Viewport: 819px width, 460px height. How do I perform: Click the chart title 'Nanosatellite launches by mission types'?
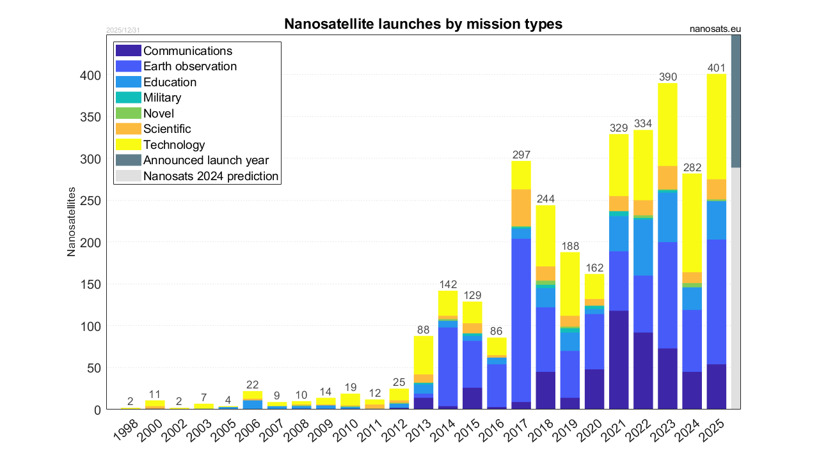(x=423, y=24)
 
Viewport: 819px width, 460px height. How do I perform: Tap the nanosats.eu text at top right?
(x=715, y=29)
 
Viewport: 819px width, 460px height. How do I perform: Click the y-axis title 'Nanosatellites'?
(x=72, y=222)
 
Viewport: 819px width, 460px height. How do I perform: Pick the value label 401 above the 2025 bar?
(x=717, y=68)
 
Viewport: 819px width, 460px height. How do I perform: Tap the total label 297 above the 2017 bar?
(x=521, y=155)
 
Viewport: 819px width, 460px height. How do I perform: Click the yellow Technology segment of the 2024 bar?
(x=692, y=223)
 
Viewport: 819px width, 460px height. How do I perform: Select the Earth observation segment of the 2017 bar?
(x=521, y=319)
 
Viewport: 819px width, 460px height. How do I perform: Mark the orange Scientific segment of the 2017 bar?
(x=521, y=208)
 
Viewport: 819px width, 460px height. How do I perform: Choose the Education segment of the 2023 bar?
(x=668, y=217)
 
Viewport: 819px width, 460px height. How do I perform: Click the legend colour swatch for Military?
(x=129, y=98)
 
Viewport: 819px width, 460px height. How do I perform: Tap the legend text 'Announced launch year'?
(x=206, y=160)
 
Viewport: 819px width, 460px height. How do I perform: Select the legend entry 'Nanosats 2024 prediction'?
(x=211, y=176)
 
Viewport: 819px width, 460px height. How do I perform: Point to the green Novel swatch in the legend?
(x=129, y=114)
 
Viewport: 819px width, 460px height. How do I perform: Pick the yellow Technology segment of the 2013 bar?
(x=424, y=355)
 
